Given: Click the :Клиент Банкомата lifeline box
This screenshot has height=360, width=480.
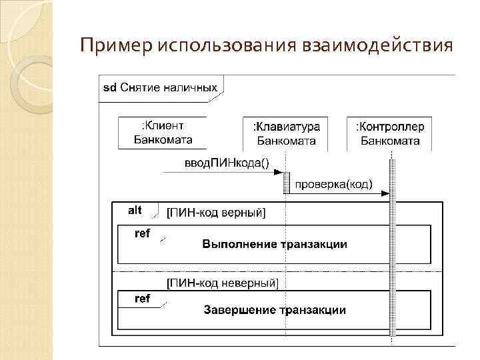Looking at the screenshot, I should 163,133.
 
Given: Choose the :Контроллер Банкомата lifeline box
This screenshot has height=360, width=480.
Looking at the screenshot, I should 390,133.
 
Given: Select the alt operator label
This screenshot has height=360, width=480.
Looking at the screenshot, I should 135,210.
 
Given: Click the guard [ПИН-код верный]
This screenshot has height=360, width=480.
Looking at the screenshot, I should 215,213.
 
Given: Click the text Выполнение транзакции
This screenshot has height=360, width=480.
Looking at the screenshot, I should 275,244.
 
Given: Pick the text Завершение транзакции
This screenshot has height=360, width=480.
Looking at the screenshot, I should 274,310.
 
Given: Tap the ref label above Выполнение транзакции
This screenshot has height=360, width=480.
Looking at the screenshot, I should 143,233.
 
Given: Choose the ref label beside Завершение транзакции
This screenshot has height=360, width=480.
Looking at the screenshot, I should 143,299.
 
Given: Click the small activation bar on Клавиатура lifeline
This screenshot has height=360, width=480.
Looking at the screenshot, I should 286,182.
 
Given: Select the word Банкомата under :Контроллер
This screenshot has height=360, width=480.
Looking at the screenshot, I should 390,141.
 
